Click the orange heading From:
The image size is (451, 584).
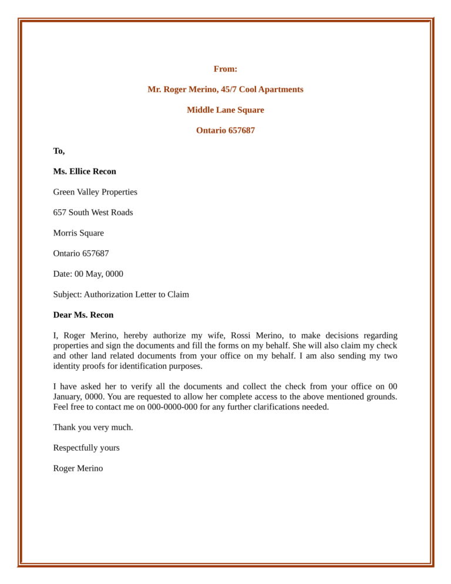pyautogui.click(x=225, y=69)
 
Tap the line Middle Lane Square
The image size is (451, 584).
pyautogui.click(x=225, y=110)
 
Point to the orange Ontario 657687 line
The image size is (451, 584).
pyautogui.click(x=225, y=130)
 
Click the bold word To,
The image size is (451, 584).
pyautogui.click(x=59, y=152)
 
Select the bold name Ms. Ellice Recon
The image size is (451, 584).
pyautogui.click(x=85, y=172)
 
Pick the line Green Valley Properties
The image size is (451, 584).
pyautogui.click(x=95, y=192)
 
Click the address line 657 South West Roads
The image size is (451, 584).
pyautogui.click(x=93, y=213)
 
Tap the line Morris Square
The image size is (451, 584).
pyautogui.click(x=78, y=233)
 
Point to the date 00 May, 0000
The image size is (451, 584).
pyautogui.click(x=99, y=274)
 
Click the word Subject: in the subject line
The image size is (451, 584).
pyautogui.click(x=67, y=295)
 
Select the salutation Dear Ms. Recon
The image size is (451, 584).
pyautogui.click(x=83, y=316)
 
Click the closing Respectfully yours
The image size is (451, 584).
pyautogui.click(x=86, y=448)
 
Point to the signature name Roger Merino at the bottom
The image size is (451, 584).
pyautogui.click(x=78, y=469)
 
